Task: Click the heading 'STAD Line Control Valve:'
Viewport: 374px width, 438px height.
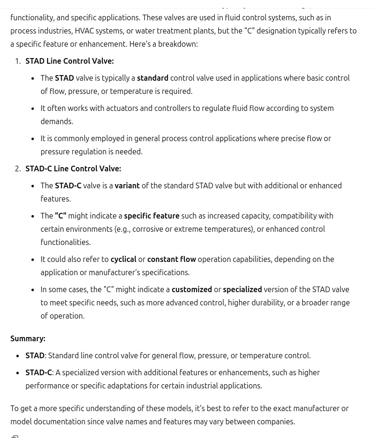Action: click(x=69, y=61)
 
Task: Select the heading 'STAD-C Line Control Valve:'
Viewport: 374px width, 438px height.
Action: click(x=73, y=168)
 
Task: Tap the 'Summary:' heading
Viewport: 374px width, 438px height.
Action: click(x=28, y=338)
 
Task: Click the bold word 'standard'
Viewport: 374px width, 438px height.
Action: click(x=152, y=78)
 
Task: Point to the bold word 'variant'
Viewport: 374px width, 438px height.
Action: click(x=127, y=185)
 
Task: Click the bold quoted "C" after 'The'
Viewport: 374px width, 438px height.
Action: click(x=60, y=216)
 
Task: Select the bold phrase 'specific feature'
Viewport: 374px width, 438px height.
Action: click(x=151, y=216)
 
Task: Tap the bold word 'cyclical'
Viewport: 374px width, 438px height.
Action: click(x=123, y=259)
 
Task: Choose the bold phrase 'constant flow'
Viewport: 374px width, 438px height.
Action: click(x=171, y=259)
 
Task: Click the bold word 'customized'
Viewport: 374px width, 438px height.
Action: click(x=191, y=289)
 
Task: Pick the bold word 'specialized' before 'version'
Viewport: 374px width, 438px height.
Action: click(x=242, y=289)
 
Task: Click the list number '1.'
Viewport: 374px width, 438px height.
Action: click(x=18, y=61)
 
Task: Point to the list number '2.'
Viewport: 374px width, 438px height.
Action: click(x=18, y=168)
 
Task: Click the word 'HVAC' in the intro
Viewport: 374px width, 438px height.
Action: click(x=84, y=31)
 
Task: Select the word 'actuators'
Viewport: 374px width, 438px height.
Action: click(x=122, y=108)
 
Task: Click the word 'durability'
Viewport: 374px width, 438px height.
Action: click(x=266, y=303)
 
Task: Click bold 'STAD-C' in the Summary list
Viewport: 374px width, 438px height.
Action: click(x=39, y=372)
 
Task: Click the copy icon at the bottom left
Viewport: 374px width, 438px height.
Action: click(x=15, y=436)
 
